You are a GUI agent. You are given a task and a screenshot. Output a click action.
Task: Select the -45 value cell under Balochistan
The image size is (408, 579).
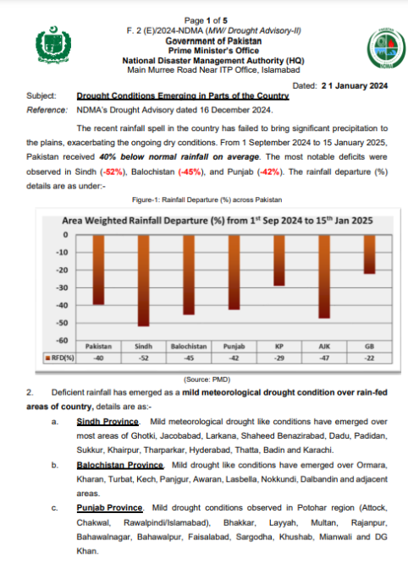pos(189,358)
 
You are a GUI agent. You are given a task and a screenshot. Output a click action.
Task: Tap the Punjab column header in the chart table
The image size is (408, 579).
pos(234,347)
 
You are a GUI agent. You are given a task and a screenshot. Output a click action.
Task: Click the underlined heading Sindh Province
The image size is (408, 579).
pos(108,420)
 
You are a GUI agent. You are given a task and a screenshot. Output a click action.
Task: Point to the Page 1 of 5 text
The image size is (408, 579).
pos(207,19)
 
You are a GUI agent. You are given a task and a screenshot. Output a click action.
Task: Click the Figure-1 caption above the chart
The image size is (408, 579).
pos(207,199)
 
